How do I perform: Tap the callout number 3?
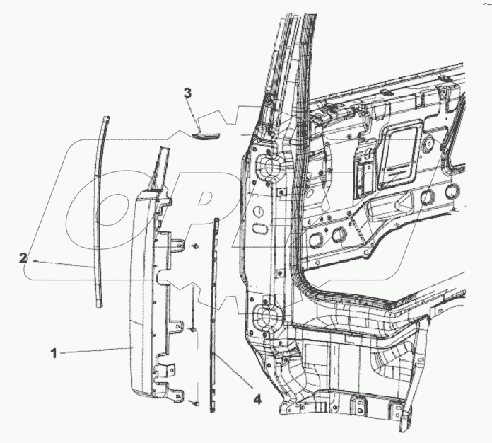coord(187,93)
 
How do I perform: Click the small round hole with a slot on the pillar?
coord(259,211)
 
